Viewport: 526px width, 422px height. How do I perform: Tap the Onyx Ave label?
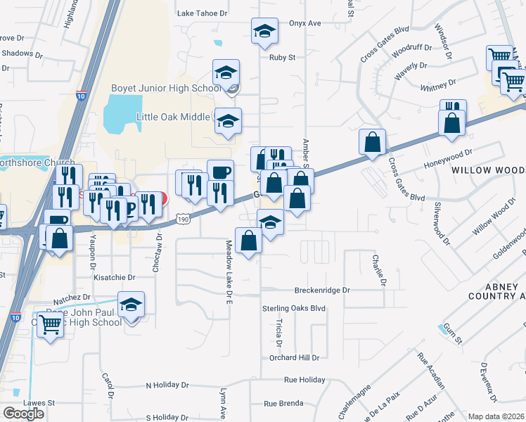point(304,23)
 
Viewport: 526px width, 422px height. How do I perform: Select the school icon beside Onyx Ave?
point(264,32)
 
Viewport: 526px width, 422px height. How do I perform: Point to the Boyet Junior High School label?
point(166,88)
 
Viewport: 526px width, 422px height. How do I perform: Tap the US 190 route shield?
point(183,219)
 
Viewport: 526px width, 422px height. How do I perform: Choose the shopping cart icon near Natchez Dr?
point(49,325)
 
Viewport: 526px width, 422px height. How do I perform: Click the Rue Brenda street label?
point(283,403)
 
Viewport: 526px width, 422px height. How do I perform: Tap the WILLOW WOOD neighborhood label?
point(488,171)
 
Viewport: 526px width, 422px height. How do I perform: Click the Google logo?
point(23,413)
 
